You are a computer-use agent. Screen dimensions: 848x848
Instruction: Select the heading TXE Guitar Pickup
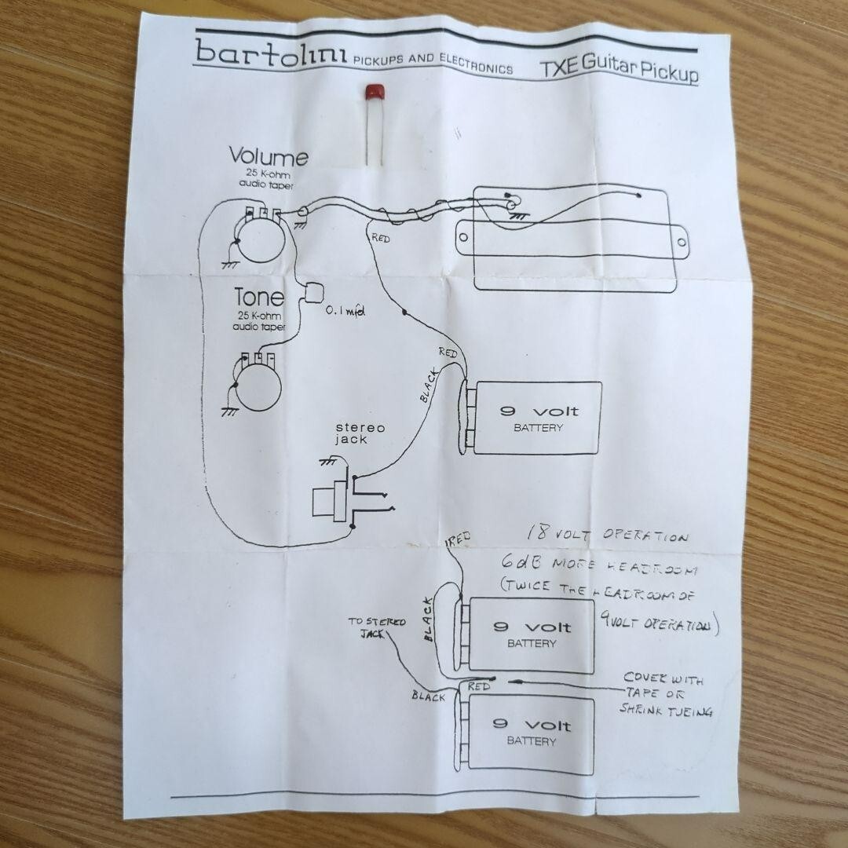point(619,69)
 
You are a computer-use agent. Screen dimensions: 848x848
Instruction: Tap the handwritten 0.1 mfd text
point(345,312)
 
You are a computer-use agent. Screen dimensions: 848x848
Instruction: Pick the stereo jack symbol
point(334,499)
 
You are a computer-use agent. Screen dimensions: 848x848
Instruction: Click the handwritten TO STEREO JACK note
point(377,626)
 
